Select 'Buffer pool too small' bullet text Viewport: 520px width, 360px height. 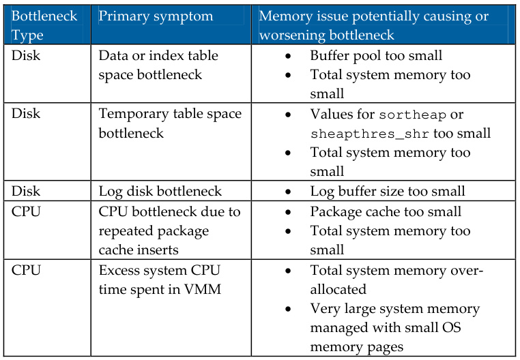pyautogui.click(x=376, y=56)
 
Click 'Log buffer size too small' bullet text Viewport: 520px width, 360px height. pyautogui.click(x=388, y=192)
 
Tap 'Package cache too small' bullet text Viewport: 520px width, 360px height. pyautogui.click(x=386, y=211)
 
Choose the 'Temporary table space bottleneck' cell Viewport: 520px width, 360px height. pyautogui.click(x=169, y=123)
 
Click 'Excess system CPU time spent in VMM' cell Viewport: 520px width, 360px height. pyautogui.click(x=158, y=280)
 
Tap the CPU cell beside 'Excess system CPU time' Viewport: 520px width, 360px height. pyautogui.click(x=27, y=270)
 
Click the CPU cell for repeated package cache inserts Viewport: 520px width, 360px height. pyautogui.click(x=27, y=211)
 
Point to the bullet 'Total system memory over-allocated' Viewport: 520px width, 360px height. pyautogui.click(x=396, y=280)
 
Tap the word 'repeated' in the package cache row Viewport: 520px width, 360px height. pyautogui.click(x=127, y=230)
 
